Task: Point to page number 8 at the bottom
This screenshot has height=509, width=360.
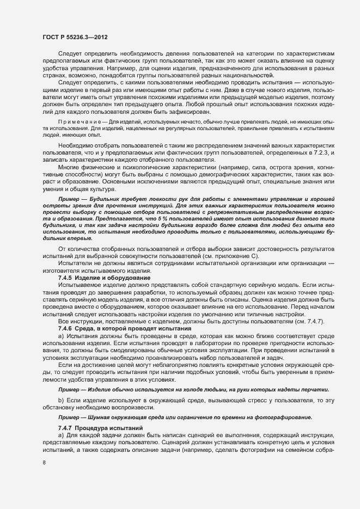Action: [x=44, y=463]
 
